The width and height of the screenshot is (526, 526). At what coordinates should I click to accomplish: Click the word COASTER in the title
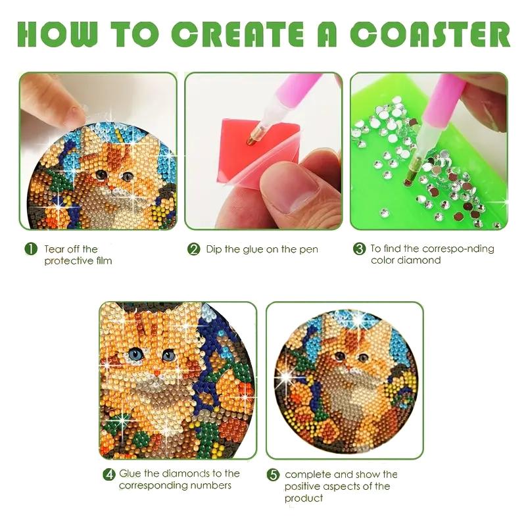coord(431,35)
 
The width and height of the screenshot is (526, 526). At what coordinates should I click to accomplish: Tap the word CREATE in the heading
coord(237,35)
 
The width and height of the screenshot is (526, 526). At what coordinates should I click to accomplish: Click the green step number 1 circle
coord(31,250)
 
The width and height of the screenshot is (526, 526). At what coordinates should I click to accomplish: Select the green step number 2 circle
coord(193,250)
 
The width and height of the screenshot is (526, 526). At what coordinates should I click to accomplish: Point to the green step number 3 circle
coord(359,249)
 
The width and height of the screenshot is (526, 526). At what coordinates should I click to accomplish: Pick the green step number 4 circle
coord(109,475)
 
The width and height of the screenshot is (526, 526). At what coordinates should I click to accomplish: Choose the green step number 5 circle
coord(273,475)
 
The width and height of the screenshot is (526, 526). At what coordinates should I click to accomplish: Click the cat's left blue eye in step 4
coord(135,354)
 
